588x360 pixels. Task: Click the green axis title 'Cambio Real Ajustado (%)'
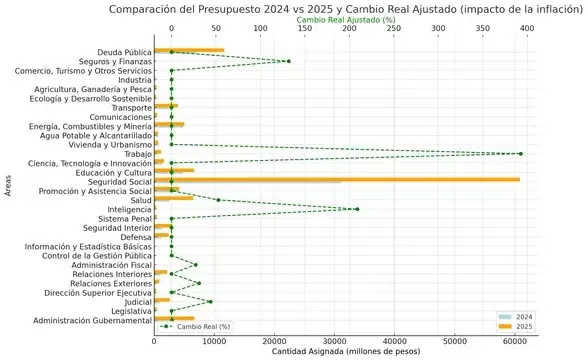coord(349,18)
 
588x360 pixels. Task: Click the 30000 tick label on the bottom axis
coord(335,340)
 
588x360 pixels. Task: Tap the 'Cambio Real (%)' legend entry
coord(196,326)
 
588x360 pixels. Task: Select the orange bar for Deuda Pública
coord(189,51)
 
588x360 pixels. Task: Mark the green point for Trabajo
coord(521,153)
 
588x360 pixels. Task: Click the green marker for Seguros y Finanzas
coord(289,61)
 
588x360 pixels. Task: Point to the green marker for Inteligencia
coord(357,209)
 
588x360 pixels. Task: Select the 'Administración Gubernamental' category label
coord(92,320)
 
